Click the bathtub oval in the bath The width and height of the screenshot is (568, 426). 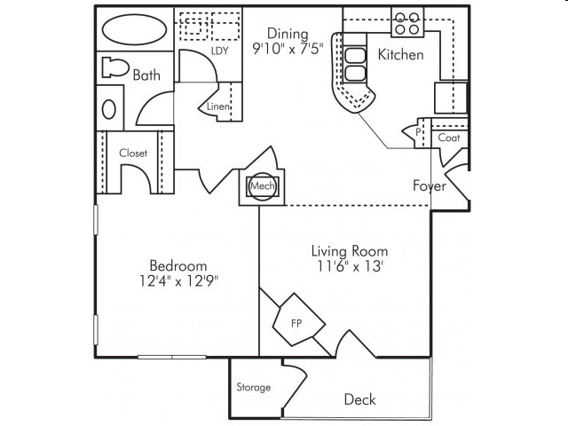click(134, 29)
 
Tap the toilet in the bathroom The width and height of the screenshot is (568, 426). click(114, 67)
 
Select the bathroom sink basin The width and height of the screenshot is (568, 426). click(108, 109)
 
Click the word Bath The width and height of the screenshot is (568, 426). click(146, 75)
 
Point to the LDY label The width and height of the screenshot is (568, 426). click(220, 51)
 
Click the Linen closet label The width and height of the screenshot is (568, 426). click(218, 106)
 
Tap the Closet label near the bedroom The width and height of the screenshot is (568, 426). click(133, 154)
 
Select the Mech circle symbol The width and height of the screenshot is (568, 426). click(261, 186)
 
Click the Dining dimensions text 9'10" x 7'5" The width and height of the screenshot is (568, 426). click(288, 49)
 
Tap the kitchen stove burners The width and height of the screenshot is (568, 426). click(407, 22)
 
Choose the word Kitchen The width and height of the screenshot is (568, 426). click(401, 55)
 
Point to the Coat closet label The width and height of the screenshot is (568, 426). click(448, 138)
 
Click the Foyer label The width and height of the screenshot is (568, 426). click(430, 185)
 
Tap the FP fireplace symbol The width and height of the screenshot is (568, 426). click(296, 322)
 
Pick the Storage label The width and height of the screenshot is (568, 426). click(254, 387)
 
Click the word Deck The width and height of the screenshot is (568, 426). click(359, 399)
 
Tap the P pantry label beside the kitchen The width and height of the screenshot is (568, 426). click(417, 133)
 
